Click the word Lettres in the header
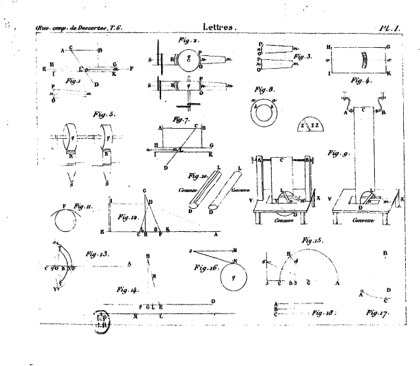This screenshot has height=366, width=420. coord(217,27)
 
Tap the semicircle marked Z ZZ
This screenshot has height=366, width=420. coord(309,127)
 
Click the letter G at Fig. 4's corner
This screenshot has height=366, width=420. coord(388,46)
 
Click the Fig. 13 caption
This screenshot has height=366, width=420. coord(93,255)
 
